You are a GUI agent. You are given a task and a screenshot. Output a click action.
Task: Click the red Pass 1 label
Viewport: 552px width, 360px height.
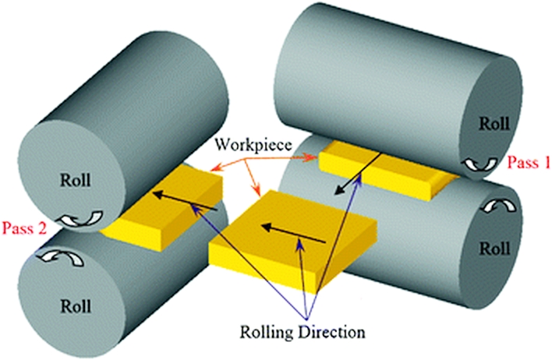[528, 162]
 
